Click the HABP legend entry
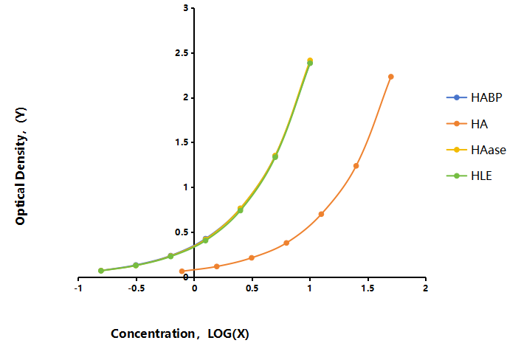click(x=475, y=97)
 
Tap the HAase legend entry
click(x=476, y=150)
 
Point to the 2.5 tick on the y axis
click(x=182, y=53)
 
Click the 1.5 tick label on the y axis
click(x=182, y=142)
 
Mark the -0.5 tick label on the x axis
click(x=137, y=288)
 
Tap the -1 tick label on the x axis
click(x=78, y=288)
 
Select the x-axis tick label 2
click(x=425, y=288)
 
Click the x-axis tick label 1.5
click(x=368, y=288)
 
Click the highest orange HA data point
click(x=391, y=77)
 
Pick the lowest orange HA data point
click(x=182, y=271)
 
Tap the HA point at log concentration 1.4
click(x=356, y=166)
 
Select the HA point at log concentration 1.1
click(x=321, y=214)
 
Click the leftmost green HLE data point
click(x=101, y=271)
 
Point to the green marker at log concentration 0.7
click(x=275, y=156)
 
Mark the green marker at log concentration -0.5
click(x=136, y=266)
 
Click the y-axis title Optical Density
click(x=20, y=176)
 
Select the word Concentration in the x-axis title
click(x=153, y=333)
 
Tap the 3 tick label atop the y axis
click(x=185, y=8)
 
